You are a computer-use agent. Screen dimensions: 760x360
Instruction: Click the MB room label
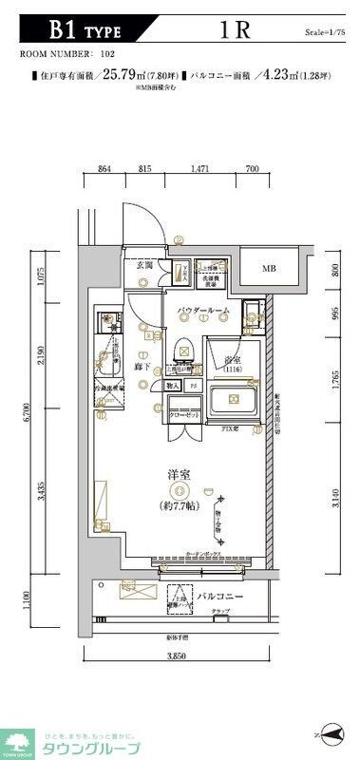[x=270, y=269]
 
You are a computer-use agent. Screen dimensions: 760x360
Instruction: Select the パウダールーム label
[x=202, y=311]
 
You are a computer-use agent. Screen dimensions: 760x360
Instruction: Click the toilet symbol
[x=183, y=351]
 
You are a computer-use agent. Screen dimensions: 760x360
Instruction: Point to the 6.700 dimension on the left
[x=30, y=410]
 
